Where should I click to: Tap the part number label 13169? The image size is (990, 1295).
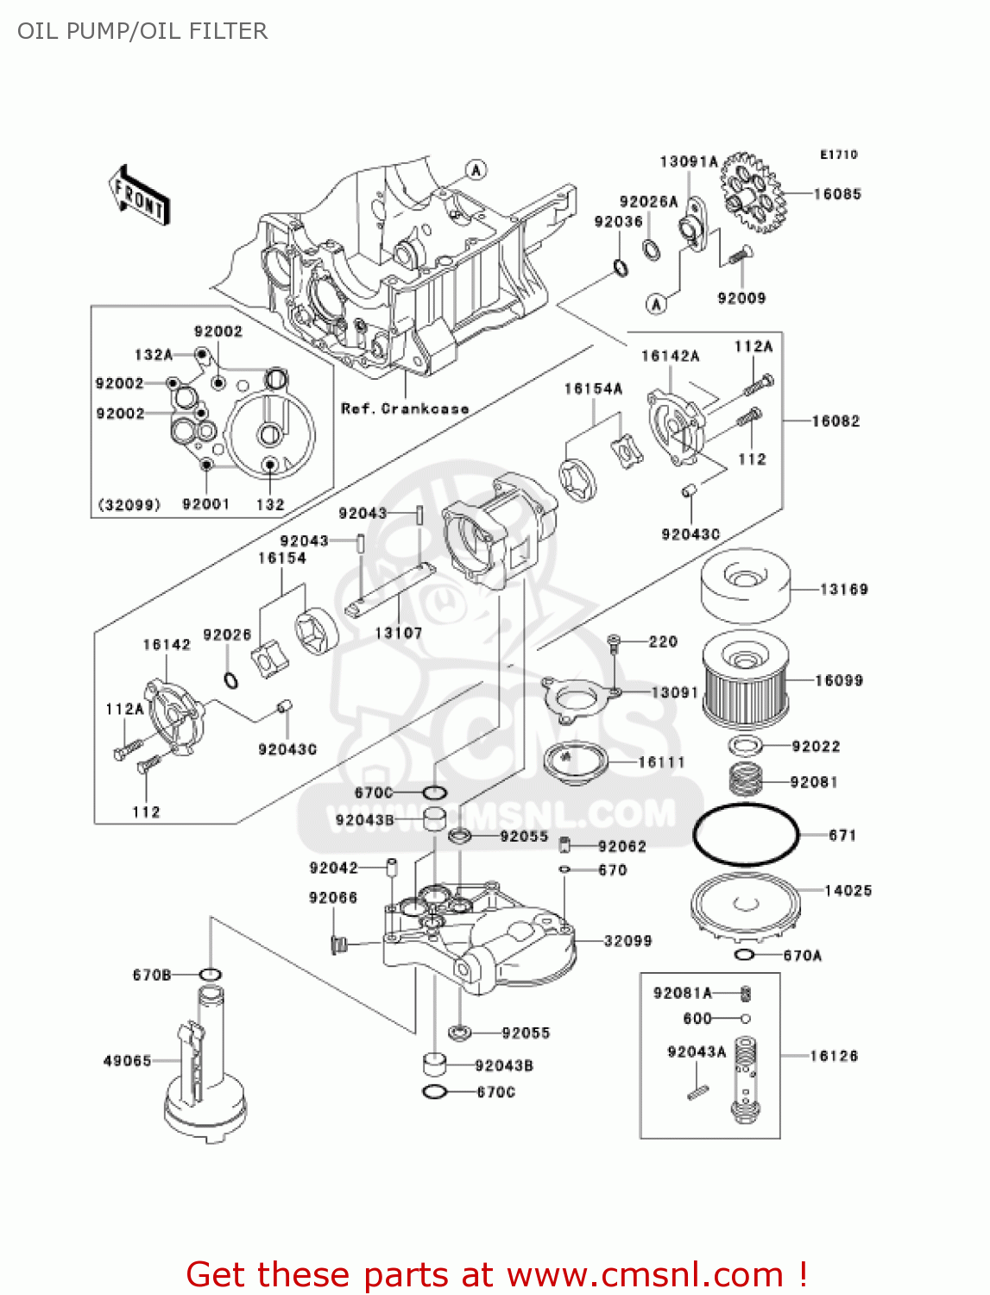843,590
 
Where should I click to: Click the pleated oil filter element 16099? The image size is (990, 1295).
746,681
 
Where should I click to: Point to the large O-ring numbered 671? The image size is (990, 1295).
746,835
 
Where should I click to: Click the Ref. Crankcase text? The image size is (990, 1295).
405,408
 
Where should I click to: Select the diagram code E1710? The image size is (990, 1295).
838,155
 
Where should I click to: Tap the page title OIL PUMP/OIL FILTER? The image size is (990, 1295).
142,31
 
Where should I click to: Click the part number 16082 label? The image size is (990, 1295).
836,421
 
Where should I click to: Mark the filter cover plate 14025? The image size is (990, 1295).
746,907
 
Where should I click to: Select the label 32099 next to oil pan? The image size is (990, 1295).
627,941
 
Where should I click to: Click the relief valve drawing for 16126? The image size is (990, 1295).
746,1079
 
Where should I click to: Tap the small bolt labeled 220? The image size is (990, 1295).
614,641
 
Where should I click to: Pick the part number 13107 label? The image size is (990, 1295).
398,633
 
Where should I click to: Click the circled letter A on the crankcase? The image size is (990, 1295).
476,170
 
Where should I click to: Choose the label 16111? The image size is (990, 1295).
661,762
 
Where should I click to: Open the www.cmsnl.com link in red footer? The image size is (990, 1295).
645,1274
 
